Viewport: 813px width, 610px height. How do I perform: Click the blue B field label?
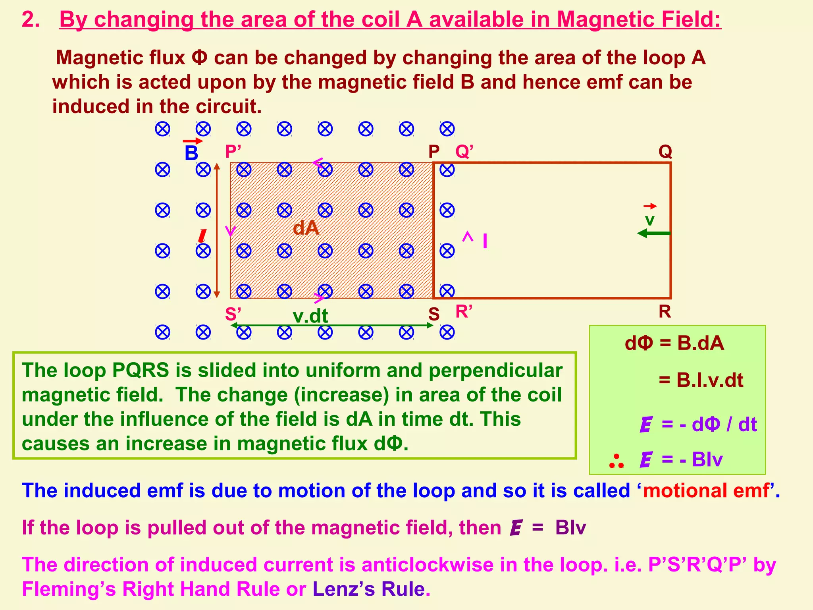click(191, 153)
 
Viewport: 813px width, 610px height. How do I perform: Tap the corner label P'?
click(233, 152)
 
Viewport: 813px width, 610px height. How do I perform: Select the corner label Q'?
click(464, 151)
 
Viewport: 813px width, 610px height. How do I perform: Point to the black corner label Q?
click(665, 151)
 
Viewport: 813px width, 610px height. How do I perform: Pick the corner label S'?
click(233, 314)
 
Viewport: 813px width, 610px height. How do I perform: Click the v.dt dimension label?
click(310, 316)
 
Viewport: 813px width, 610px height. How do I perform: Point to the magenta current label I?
click(485, 241)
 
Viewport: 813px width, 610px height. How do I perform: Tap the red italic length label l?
click(202, 236)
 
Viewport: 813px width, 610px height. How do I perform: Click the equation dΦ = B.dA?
click(674, 343)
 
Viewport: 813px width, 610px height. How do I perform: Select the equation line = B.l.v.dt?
click(701, 380)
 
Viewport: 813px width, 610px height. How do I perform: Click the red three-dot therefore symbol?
click(616, 461)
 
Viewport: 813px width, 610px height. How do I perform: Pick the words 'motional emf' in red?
click(706, 490)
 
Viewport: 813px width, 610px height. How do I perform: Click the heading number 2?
click(30, 19)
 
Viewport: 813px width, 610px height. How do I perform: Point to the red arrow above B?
click(193, 141)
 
